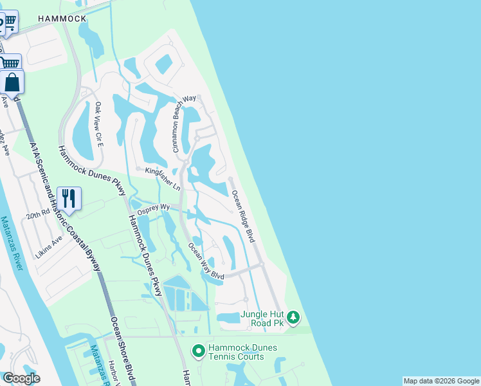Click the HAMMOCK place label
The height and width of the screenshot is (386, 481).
point(62,19)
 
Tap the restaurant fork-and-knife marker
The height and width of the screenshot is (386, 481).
point(69,197)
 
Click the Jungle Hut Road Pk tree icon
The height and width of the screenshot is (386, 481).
point(293,317)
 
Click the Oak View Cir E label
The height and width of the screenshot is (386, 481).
point(99,124)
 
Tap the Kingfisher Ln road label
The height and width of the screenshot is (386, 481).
point(163,179)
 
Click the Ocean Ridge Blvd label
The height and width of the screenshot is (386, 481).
point(243,216)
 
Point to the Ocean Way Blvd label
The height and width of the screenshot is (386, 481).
point(206,261)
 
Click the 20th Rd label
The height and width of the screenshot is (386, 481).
point(38,212)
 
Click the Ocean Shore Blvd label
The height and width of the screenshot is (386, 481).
point(122,347)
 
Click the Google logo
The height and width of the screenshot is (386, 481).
point(21,378)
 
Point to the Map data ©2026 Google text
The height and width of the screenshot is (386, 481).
point(441,381)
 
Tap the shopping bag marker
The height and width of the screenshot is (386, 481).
point(12,83)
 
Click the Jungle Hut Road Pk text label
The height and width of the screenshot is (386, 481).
point(262,319)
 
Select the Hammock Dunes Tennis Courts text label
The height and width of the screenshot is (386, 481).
point(242,353)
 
